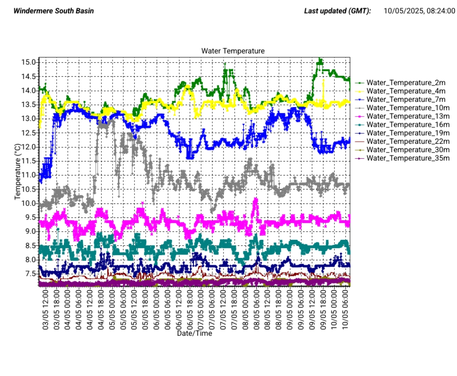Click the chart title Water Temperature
pos(233,51)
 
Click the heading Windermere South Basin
pos(54,11)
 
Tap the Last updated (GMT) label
pos(337,11)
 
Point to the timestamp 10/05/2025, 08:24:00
pos(417,11)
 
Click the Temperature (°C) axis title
pos(18,171)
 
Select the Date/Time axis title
pos(195,333)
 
